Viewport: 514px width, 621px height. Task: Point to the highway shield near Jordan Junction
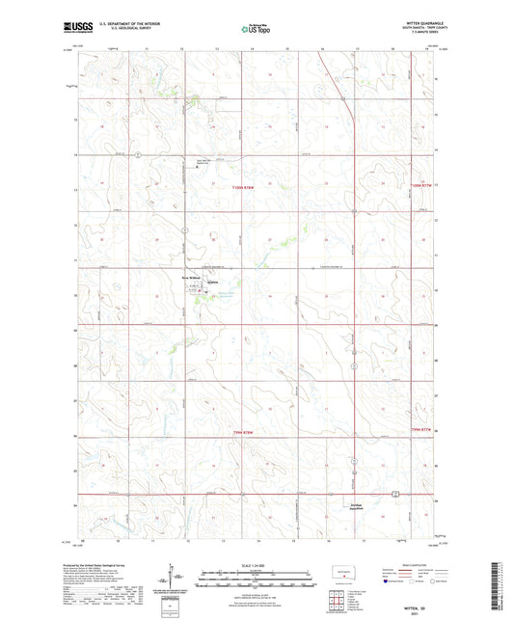[x=393, y=495]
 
